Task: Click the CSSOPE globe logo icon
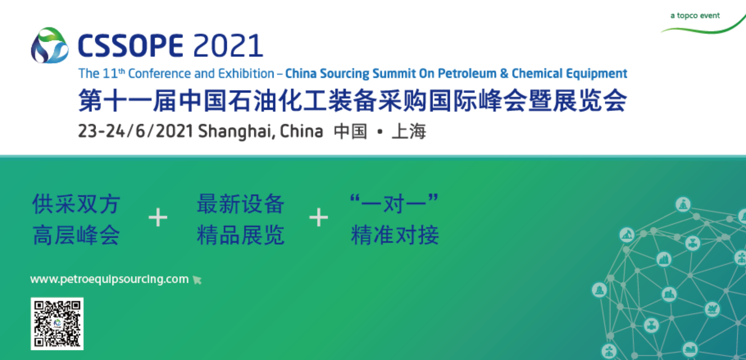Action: tap(50, 46)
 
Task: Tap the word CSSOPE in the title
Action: tap(131, 46)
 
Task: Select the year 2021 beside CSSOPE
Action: tap(228, 46)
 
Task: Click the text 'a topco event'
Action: tap(695, 16)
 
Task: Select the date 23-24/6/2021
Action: tap(136, 131)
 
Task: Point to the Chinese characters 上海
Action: tap(409, 132)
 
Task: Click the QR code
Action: tap(57, 324)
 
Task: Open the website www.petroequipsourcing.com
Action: tap(109, 279)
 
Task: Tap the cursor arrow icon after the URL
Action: tap(197, 280)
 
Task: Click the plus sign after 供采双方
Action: tap(158, 218)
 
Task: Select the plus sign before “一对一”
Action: tap(319, 218)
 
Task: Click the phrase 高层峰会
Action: tap(76, 235)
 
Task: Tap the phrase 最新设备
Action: tap(241, 204)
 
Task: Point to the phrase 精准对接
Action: tap(395, 235)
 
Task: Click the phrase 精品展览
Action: tap(241, 235)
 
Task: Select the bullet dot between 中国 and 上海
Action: tap(380, 132)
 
